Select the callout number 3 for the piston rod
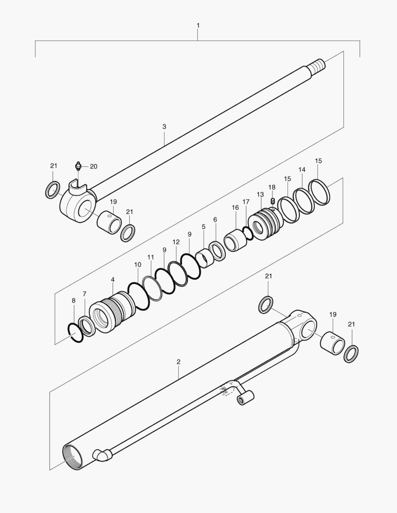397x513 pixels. point(164,127)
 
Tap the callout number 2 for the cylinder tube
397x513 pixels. point(178,362)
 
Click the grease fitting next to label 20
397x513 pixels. point(77,166)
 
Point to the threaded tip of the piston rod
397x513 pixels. point(317,65)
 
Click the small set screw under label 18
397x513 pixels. point(273,200)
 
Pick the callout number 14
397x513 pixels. point(302,170)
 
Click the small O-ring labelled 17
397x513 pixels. point(248,233)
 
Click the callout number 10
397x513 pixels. point(137,265)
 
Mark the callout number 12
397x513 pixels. point(176,242)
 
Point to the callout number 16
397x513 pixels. point(235,208)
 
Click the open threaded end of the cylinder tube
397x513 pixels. point(73,457)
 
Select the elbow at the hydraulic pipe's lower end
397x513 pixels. point(102,455)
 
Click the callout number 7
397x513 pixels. point(85,294)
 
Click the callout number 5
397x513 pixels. point(203,227)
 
